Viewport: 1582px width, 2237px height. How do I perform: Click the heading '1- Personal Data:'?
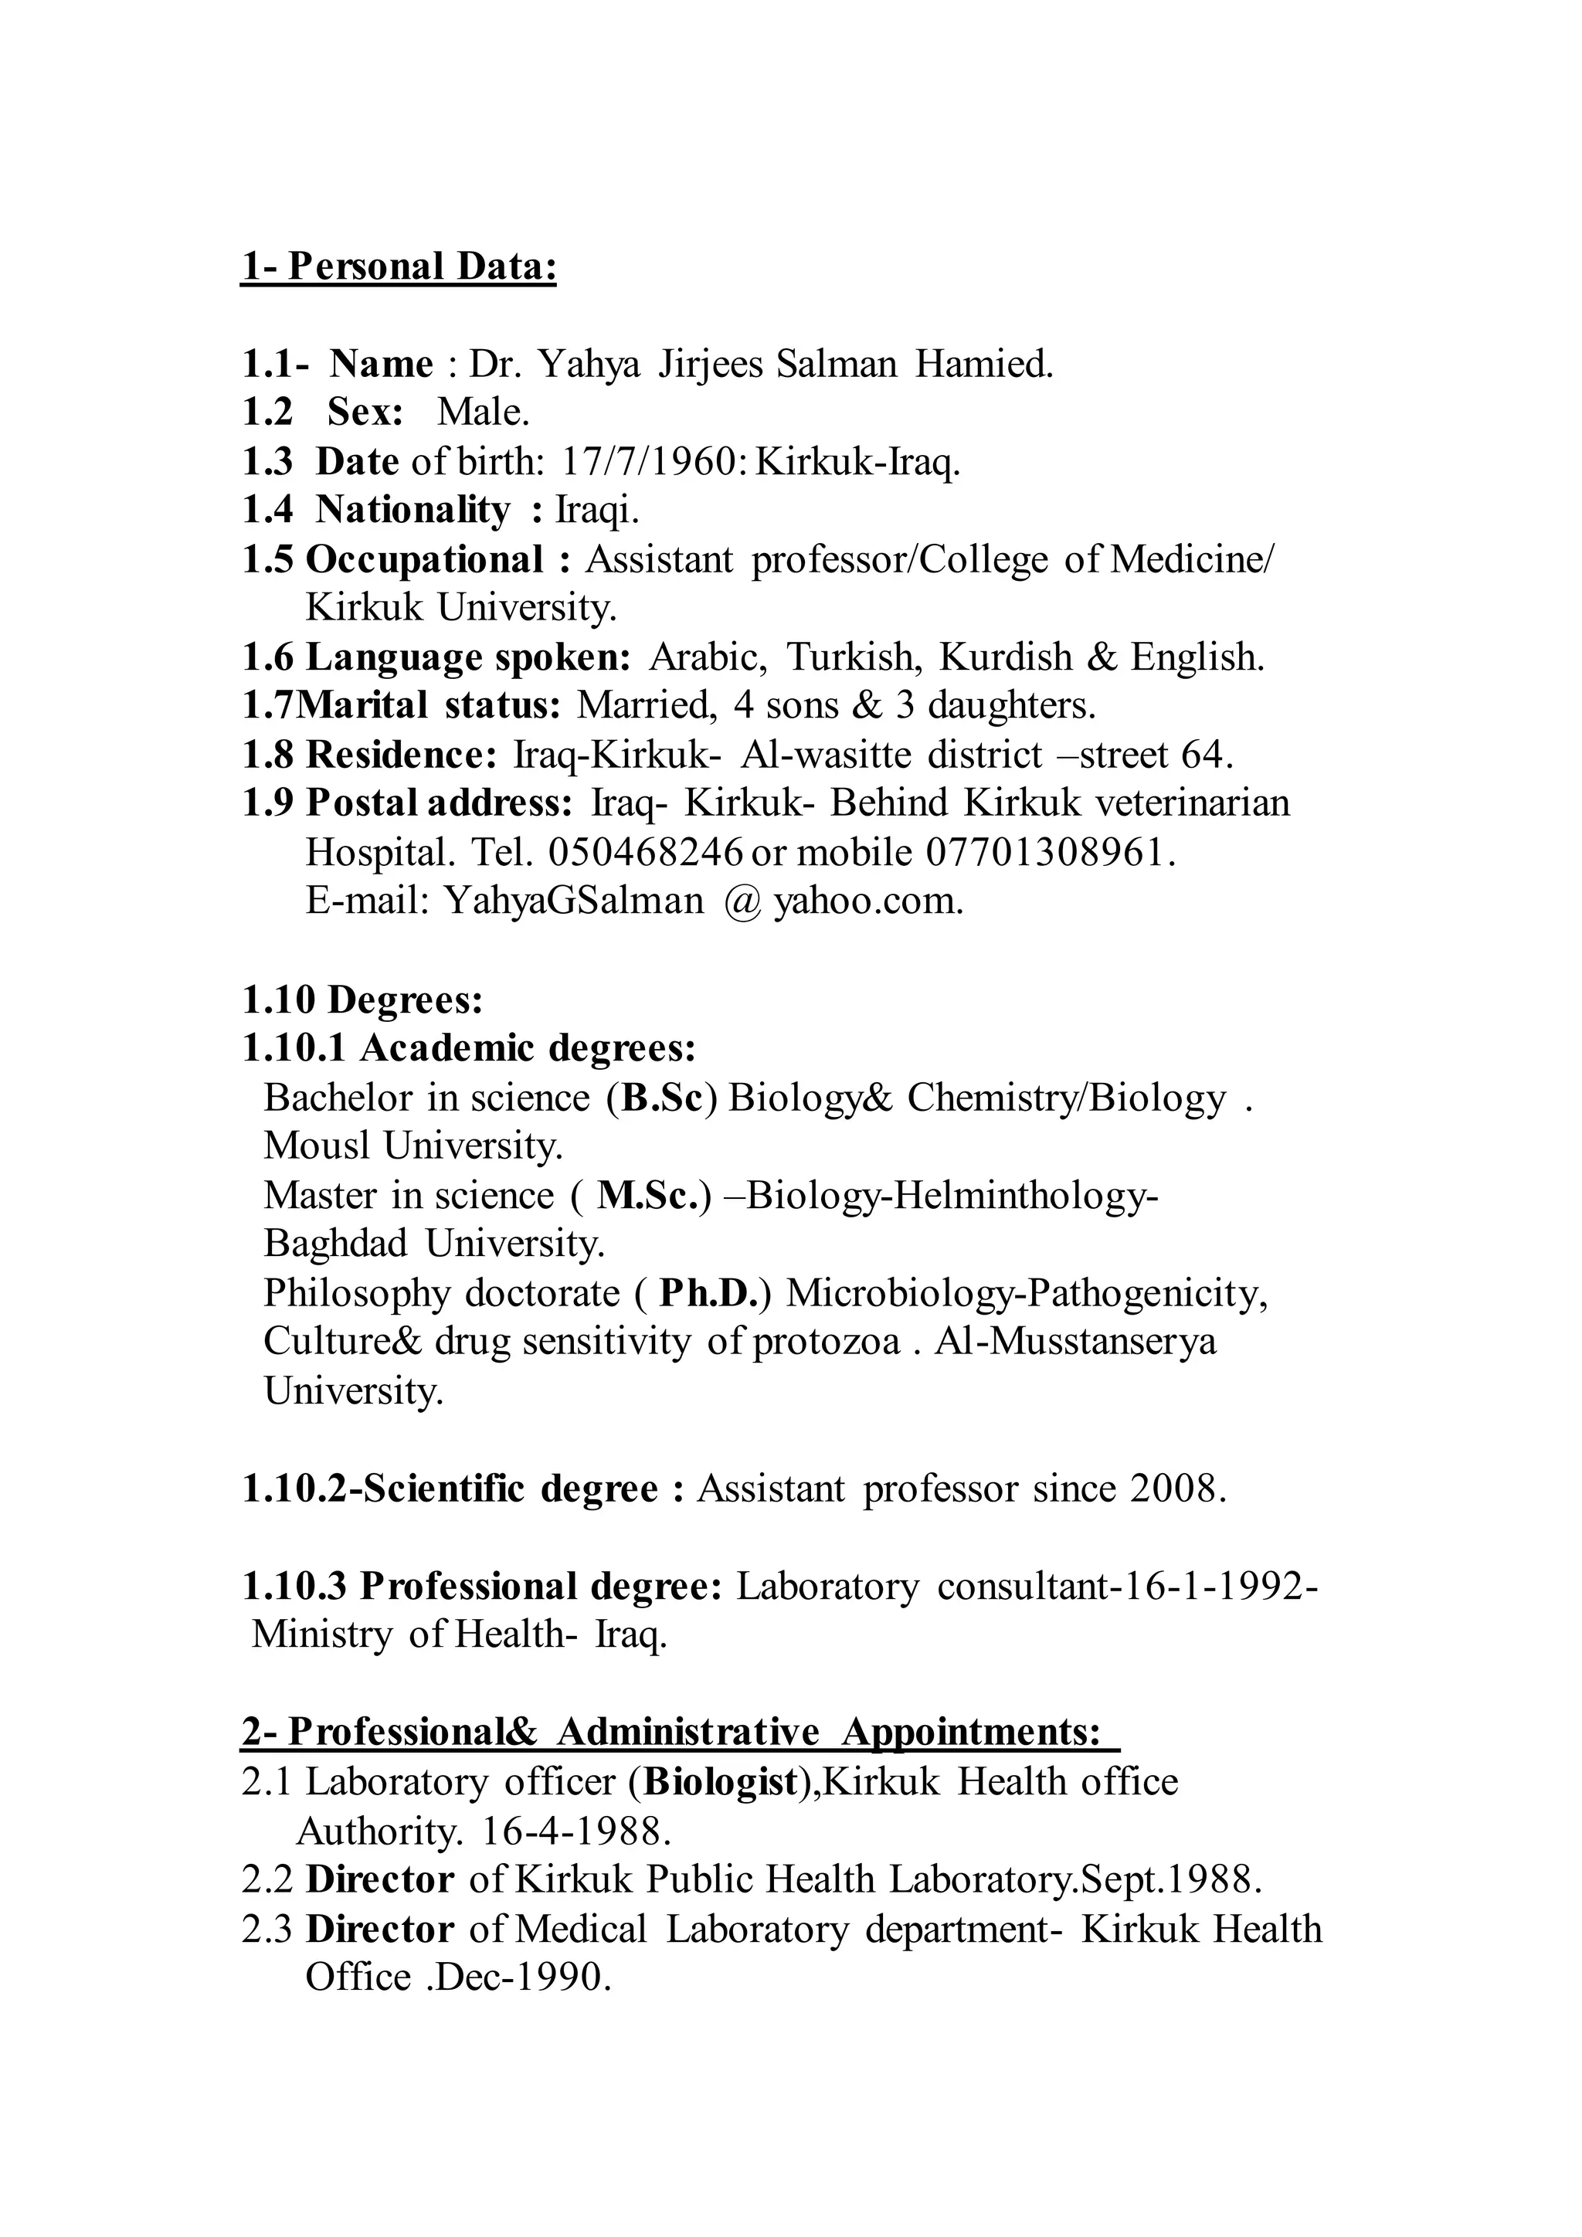[x=399, y=267]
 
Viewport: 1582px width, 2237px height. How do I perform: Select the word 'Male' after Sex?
[x=480, y=413]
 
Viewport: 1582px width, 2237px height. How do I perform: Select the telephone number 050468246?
[x=646, y=854]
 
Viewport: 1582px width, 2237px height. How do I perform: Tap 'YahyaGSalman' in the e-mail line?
[x=574, y=902]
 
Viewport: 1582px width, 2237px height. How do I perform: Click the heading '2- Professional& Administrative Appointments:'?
[x=680, y=1733]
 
